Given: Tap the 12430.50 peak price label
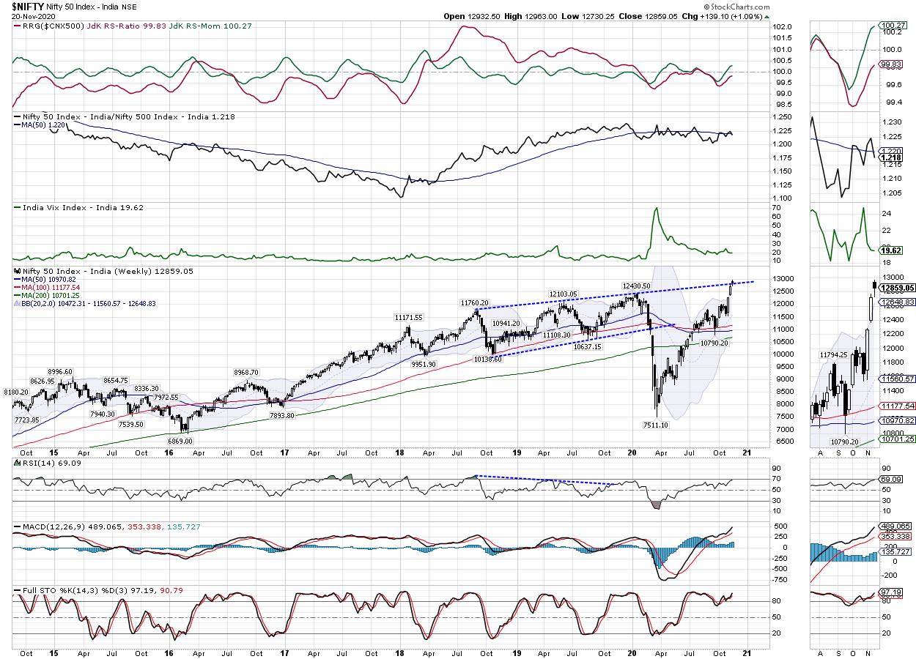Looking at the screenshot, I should [637, 286].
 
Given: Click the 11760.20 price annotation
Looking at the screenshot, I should [475, 302].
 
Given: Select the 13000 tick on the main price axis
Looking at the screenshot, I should [784, 279].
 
